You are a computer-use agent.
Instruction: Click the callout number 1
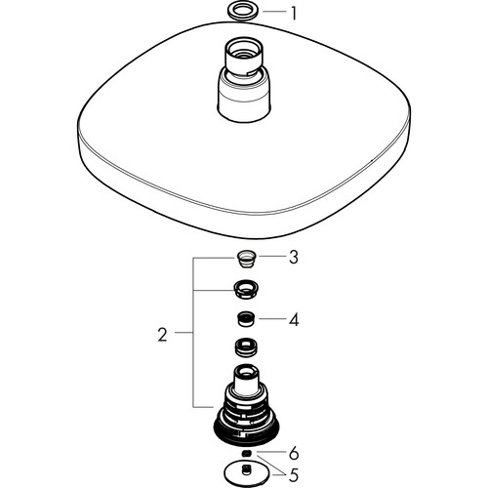click(x=294, y=14)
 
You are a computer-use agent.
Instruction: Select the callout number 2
click(x=162, y=335)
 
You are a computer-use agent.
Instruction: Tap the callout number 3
click(x=294, y=258)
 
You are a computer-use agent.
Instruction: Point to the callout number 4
click(x=294, y=320)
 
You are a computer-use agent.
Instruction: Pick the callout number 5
click(x=294, y=475)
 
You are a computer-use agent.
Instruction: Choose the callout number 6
click(x=294, y=453)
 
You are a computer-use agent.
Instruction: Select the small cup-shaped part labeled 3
click(x=247, y=259)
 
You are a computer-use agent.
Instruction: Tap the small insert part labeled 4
click(x=246, y=319)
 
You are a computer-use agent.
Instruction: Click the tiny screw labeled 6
click(x=247, y=453)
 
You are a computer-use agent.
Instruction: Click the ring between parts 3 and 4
click(x=246, y=289)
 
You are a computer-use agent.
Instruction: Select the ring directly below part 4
click(x=246, y=346)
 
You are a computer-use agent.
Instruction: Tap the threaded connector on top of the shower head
click(x=244, y=59)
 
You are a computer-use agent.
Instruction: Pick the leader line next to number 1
click(x=273, y=12)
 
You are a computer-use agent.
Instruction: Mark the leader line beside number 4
click(x=272, y=318)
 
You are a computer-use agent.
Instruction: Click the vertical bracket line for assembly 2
click(x=193, y=333)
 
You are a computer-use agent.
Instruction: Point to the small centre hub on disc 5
click(x=246, y=469)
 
